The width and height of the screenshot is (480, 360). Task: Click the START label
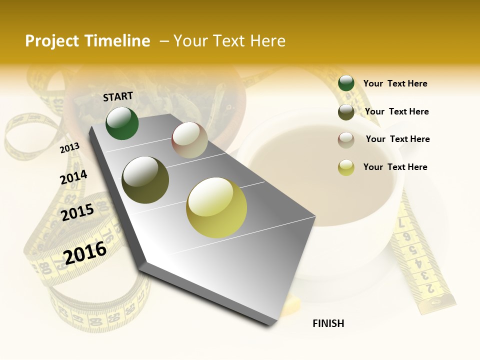[118, 96]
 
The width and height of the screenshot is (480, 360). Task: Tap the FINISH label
[328, 323]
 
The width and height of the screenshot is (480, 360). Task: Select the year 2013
[70, 148]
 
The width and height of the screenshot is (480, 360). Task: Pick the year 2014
[73, 177]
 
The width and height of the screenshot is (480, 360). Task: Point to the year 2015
[77, 212]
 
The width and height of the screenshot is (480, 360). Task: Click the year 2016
[85, 253]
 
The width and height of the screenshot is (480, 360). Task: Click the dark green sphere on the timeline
[122, 123]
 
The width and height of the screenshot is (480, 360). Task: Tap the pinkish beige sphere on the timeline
[189, 140]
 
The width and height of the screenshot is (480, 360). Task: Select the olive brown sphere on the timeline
[145, 180]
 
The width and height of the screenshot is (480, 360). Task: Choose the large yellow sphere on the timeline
[216, 207]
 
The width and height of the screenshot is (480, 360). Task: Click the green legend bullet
[346, 83]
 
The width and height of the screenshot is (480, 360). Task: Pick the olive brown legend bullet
[346, 112]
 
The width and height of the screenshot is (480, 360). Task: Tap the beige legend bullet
[346, 139]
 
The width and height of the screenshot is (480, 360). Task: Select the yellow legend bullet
[346, 167]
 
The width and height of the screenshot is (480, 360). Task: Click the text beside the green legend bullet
[395, 84]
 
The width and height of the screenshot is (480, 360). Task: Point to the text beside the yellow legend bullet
[395, 167]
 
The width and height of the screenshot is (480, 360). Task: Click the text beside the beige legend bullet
[397, 139]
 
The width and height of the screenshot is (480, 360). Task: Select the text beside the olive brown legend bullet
[396, 111]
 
